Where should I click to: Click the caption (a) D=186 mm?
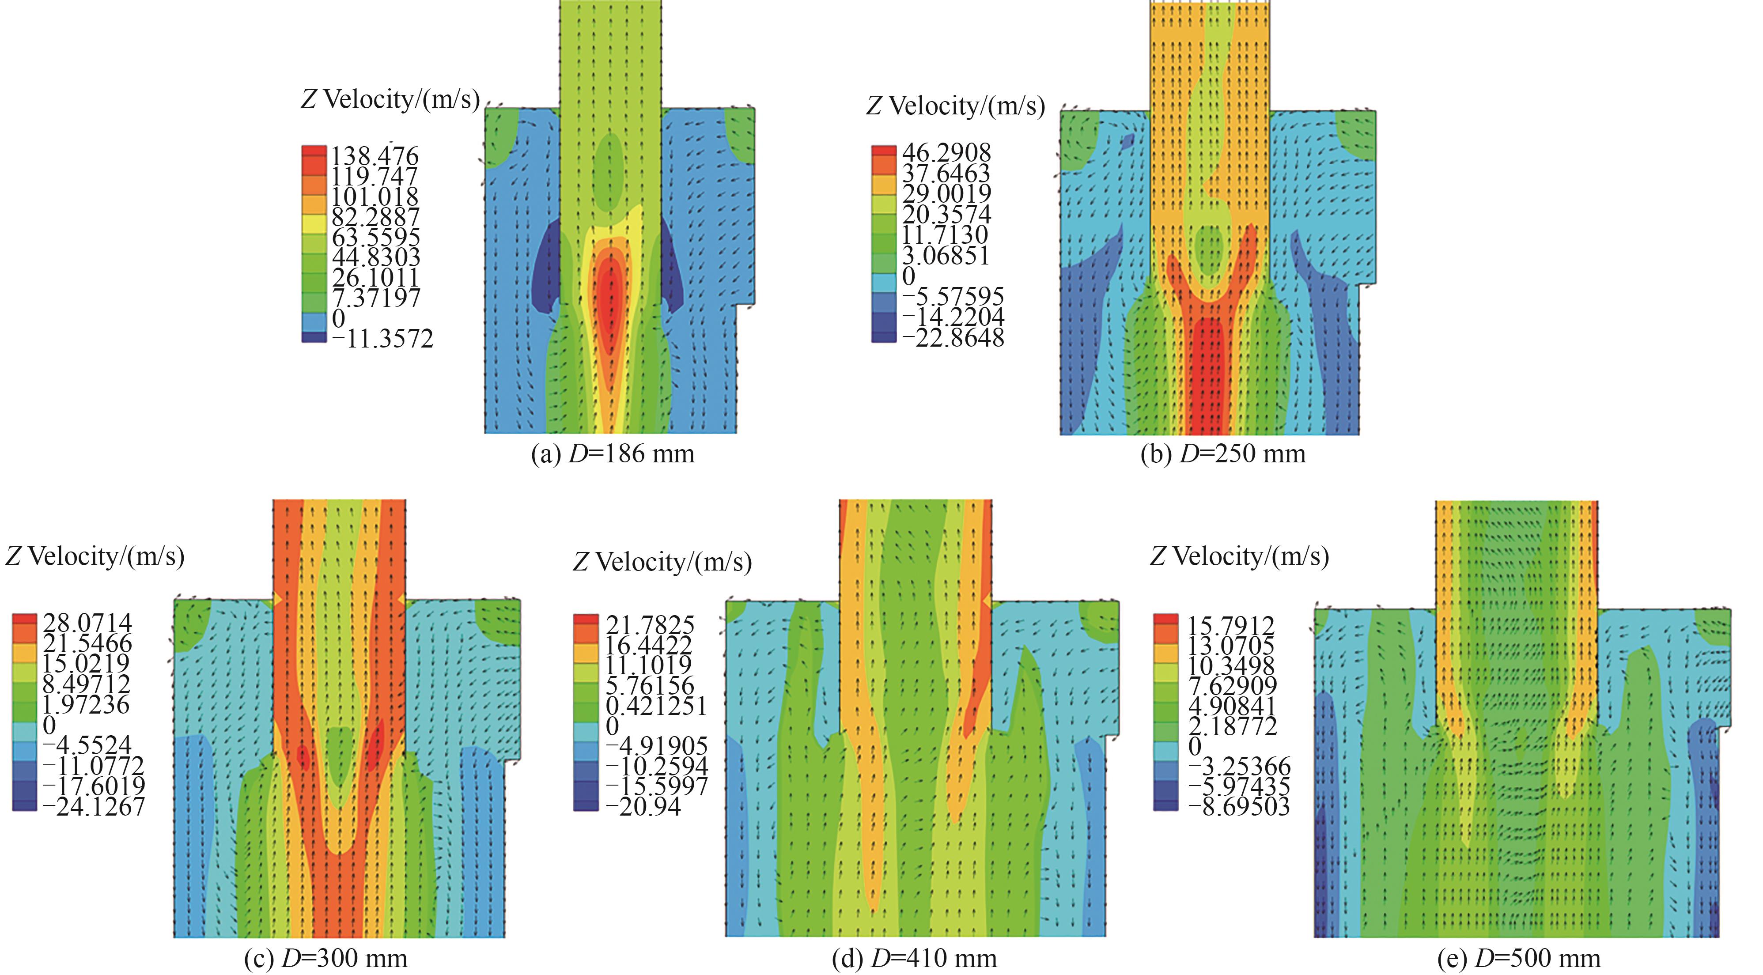[613, 453]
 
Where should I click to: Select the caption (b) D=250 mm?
[1222, 453]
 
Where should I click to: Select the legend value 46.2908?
[946, 152]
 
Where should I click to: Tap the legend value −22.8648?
[953, 337]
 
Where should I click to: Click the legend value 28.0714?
[87, 623]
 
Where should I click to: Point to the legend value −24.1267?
[94, 807]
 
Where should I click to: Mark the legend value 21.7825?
[650, 625]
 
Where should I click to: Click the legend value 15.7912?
[1230, 625]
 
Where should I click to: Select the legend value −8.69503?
[1239, 807]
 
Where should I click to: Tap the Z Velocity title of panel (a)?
[390, 100]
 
